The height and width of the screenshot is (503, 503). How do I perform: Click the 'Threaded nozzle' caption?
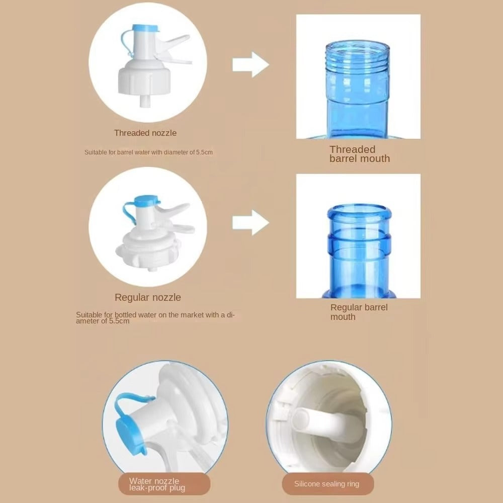click(x=145, y=133)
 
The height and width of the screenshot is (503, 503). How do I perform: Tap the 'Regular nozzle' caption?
click(x=148, y=297)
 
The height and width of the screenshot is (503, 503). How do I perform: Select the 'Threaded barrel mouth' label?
click(x=360, y=154)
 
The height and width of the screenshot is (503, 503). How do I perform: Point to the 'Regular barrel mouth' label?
click(x=359, y=312)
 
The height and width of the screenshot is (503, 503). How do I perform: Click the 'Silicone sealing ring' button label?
click(x=326, y=484)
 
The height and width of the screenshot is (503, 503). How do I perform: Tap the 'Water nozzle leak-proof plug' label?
click(x=157, y=484)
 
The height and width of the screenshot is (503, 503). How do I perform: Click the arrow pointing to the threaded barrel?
click(x=250, y=64)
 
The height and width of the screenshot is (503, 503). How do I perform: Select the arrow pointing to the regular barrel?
click(x=250, y=223)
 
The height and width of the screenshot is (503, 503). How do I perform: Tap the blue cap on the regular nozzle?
click(x=147, y=200)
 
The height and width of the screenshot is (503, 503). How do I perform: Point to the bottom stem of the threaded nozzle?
click(x=145, y=102)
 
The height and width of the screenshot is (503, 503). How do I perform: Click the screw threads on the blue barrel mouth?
click(x=358, y=54)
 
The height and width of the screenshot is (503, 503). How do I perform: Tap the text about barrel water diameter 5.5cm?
click(x=148, y=152)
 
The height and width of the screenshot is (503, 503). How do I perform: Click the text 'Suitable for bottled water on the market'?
click(x=141, y=315)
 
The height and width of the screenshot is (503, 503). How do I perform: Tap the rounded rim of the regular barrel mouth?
click(x=359, y=212)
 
